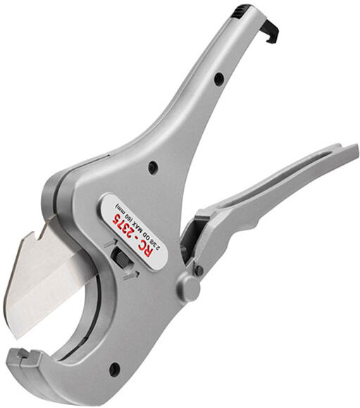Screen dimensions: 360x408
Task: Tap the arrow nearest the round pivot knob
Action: coord(130,274)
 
